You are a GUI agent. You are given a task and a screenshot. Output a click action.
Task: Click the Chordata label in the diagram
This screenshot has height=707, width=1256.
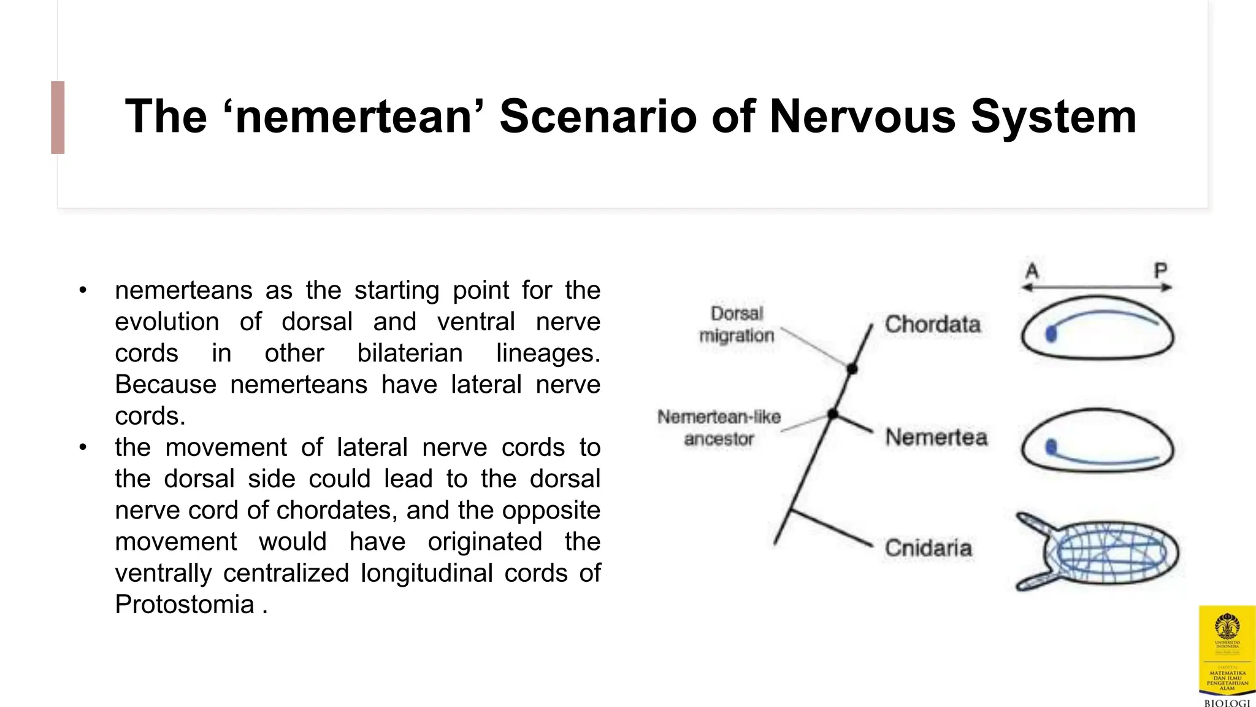932,325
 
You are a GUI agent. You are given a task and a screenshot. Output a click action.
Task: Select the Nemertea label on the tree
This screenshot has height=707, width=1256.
936,438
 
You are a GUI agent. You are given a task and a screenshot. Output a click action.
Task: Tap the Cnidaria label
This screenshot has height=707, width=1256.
928,548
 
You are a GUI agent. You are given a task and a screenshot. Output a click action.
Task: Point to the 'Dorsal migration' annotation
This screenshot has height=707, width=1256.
737,325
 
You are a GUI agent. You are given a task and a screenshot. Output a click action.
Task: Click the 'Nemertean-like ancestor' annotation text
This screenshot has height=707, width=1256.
719,428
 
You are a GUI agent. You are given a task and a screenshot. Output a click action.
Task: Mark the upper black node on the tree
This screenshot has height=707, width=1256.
852,369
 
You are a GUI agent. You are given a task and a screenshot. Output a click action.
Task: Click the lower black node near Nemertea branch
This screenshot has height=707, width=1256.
832,414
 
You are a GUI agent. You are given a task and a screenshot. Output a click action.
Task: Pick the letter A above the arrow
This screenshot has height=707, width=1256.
1032,271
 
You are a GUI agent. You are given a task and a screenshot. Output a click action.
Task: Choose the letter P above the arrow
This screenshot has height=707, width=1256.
1160,271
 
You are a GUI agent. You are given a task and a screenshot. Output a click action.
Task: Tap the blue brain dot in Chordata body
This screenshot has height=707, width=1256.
1051,334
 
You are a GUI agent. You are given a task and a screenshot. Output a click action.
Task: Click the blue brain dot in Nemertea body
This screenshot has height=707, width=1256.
1051,447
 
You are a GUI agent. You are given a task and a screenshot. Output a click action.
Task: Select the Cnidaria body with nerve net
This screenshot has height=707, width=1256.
1104,551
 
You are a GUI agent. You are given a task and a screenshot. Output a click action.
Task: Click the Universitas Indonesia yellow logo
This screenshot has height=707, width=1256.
1227,651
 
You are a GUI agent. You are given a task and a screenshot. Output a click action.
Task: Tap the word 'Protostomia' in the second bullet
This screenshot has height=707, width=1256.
185,605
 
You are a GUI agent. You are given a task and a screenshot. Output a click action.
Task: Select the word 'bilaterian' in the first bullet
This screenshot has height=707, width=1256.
410,353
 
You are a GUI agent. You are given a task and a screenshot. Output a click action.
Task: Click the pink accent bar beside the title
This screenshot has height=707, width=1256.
58,117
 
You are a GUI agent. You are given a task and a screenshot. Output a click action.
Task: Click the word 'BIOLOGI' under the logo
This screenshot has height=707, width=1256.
1227,703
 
